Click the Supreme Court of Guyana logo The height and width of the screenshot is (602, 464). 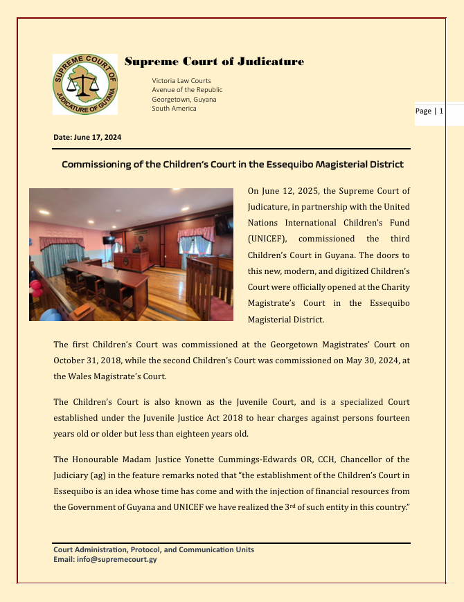tap(84, 84)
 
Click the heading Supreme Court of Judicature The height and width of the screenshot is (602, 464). tap(214, 62)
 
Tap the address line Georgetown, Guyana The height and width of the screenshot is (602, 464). tap(184, 99)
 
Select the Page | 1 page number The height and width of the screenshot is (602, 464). tap(429, 111)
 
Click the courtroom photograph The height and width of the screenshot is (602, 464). tap(131, 254)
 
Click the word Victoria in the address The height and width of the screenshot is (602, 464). tap(165, 81)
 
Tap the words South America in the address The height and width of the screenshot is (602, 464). tap(174, 108)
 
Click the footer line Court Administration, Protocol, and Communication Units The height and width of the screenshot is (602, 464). tap(154, 549)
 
